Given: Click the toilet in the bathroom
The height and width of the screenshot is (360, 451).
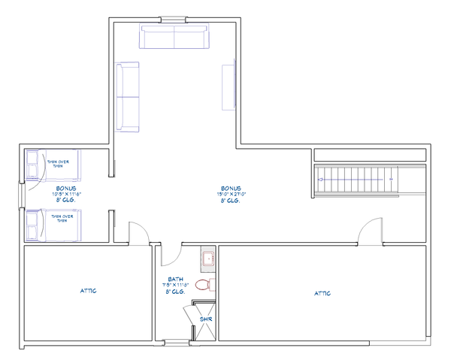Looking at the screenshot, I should click(203, 285).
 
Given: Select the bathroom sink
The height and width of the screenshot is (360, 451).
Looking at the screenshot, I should click(207, 260).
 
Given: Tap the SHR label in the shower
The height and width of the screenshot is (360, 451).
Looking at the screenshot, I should click(205, 320).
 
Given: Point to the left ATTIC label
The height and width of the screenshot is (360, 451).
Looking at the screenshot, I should click(89, 289).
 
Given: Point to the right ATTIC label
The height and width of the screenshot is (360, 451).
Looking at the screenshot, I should click(322, 293).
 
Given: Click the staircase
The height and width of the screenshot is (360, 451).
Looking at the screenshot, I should click(358, 177).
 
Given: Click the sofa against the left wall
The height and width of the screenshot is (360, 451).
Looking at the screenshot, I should click(127, 96).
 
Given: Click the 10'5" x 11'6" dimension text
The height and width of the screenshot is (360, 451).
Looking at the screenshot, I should click(67, 194).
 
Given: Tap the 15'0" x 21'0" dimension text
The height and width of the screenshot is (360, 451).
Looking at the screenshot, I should click(232, 194).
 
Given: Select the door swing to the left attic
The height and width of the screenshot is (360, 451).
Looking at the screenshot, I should click(139, 232).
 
